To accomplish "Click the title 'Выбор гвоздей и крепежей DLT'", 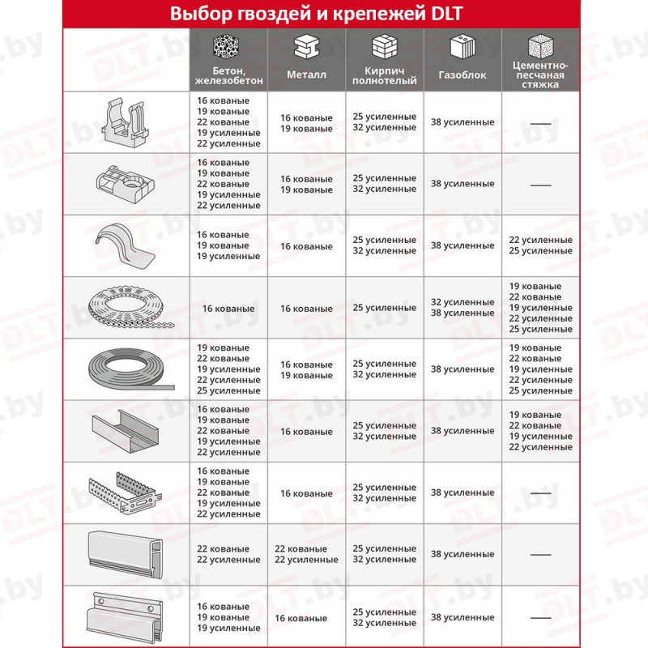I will click(324, 14).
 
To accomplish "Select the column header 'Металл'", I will click(307, 75).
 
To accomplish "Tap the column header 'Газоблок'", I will click(463, 75).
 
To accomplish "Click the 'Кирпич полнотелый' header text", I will click(385, 75).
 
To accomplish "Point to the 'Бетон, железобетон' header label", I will click(228, 75).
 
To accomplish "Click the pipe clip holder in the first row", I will click(126, 122).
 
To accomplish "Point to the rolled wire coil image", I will click(126, 369).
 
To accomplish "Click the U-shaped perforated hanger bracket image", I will click(126, 492).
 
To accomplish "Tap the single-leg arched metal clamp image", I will click(126, 245).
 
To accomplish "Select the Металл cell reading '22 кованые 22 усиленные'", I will click(307, 554).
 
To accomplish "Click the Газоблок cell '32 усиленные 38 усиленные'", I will click(463, 308).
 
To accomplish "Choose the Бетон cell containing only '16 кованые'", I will click(228, 309).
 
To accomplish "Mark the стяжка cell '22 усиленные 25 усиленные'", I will click(540, 245).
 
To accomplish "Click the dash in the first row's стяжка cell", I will click(540, 122).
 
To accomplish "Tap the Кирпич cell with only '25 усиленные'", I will click(385, 308).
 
